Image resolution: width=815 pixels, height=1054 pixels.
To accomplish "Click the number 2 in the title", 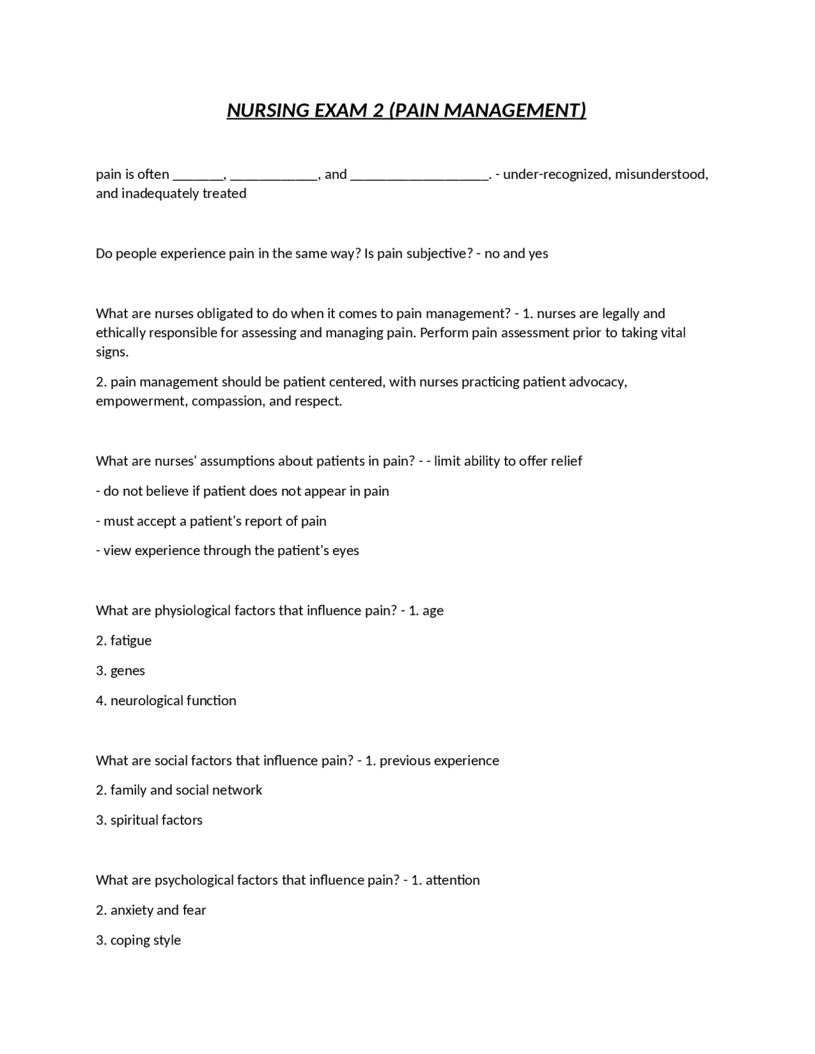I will tap(378, 111).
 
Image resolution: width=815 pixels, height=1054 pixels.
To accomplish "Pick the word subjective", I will tap(439, 254).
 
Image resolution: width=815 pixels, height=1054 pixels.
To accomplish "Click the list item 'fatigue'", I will tap(131, 641).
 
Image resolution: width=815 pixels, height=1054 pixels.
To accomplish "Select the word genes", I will tap(127, 671).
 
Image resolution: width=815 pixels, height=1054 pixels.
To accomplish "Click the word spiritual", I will tap(135, 820).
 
